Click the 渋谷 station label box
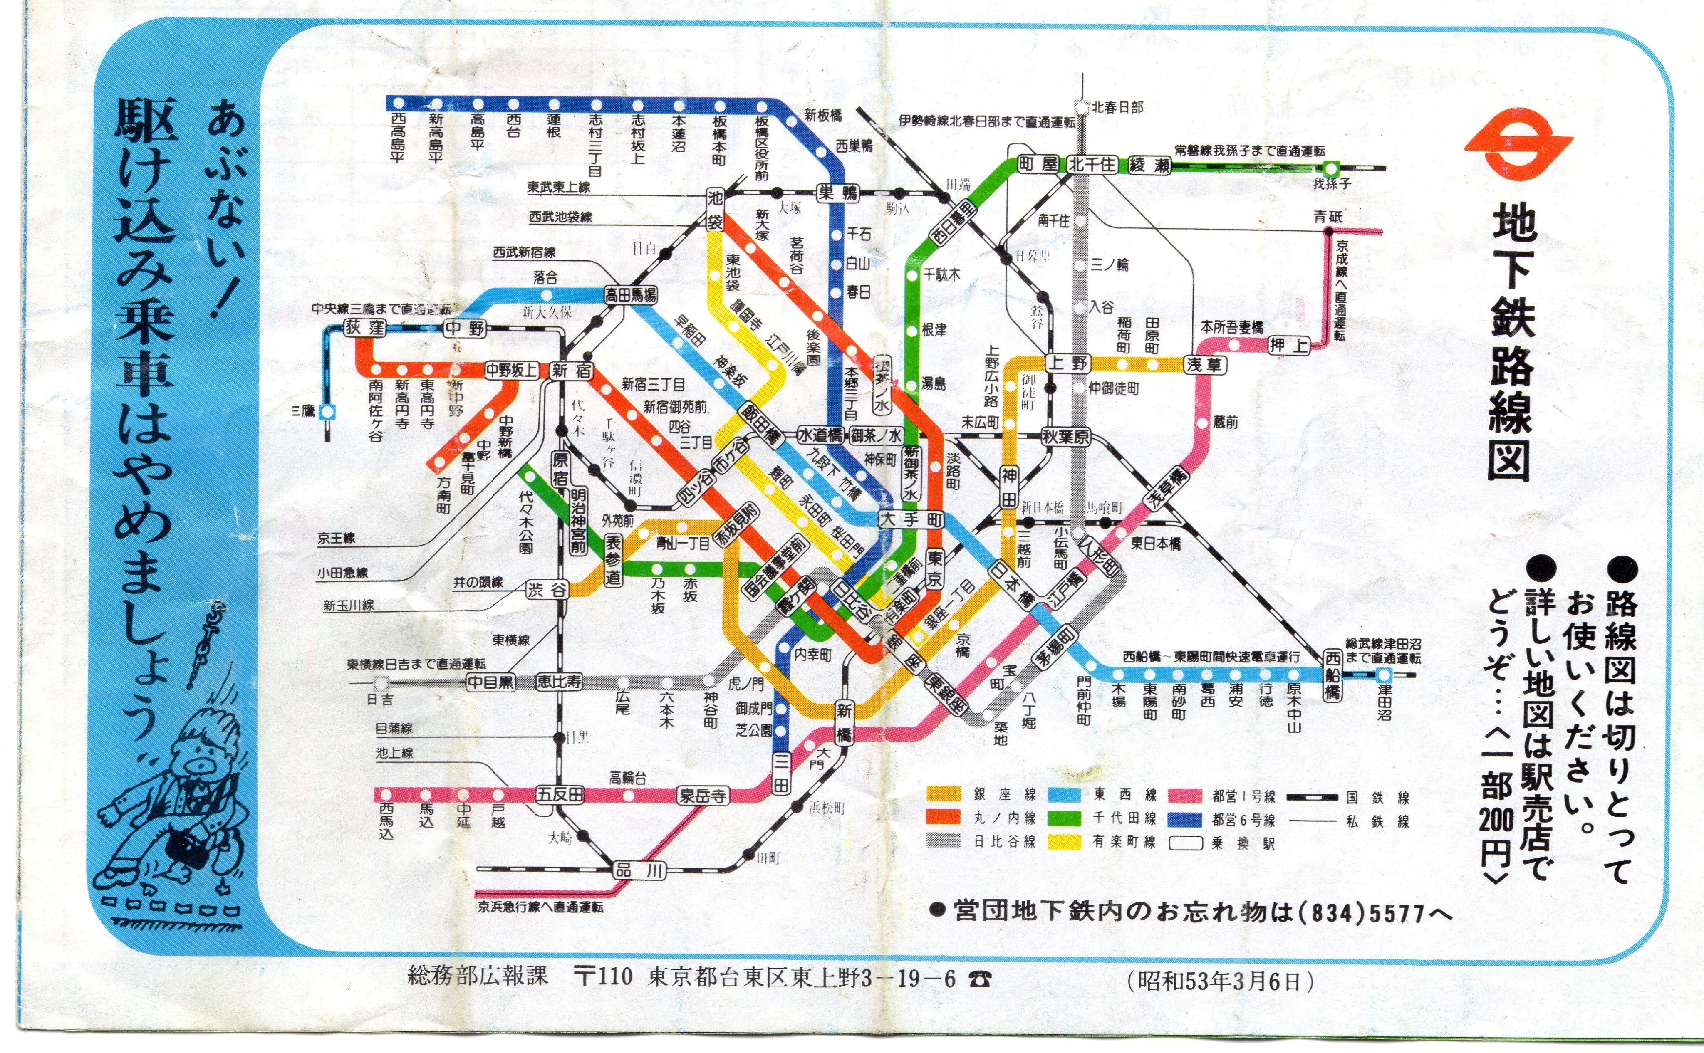547,590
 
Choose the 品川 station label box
639,870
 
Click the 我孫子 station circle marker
1330,168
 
